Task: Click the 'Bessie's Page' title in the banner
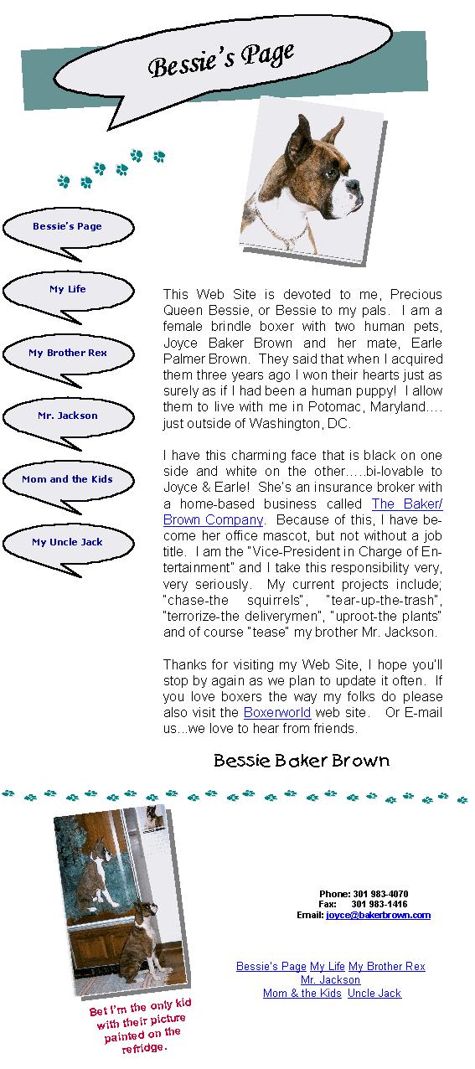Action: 221,59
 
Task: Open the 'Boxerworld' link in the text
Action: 277,712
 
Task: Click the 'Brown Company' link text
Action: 213,519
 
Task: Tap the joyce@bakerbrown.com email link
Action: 378,915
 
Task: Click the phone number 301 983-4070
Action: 380,894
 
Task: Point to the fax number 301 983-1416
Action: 379,904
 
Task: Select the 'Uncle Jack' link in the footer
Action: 374,993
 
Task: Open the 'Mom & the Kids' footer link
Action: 302,993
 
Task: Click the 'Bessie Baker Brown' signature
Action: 302,760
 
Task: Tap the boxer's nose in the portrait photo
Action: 354,183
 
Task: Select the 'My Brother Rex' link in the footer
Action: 387,967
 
